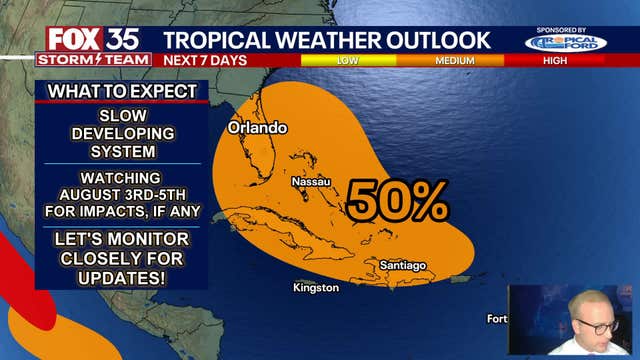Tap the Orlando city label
[x=257, y=128]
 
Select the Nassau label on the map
[x=310, y=182]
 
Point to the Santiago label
[x=402, y=265]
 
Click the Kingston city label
[x=316, y=288]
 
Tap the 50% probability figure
[x=397, y=203]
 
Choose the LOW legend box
[x=347, y=61]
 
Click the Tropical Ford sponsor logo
[x=565, y=42]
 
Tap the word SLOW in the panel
[x=122, y=117]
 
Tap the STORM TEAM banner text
[x=93, y=59]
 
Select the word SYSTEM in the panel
[x=122, y=152]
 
